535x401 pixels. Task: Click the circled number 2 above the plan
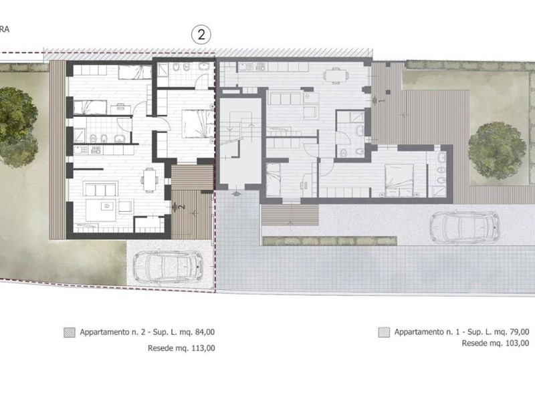[x=201, y=35]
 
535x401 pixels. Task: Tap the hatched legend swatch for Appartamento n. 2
[x=70, y=332]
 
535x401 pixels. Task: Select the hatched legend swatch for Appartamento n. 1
[x=384, y=332]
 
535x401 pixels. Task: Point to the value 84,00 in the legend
[x=205, y=331]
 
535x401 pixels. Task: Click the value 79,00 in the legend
[x=519, y=331]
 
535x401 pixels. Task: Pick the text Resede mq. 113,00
[x=181, y=348]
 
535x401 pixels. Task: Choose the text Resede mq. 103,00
[x=496, y=343]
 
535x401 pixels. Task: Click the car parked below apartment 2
[x=168, y=267]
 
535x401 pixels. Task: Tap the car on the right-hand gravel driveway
[x=464, y=227]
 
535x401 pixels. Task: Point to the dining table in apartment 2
[x=149, y=180]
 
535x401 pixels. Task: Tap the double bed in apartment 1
[x=399, y=180]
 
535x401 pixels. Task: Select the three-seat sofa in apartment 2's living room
[x=101, y=188]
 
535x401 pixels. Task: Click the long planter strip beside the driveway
[x=330, y=241]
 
